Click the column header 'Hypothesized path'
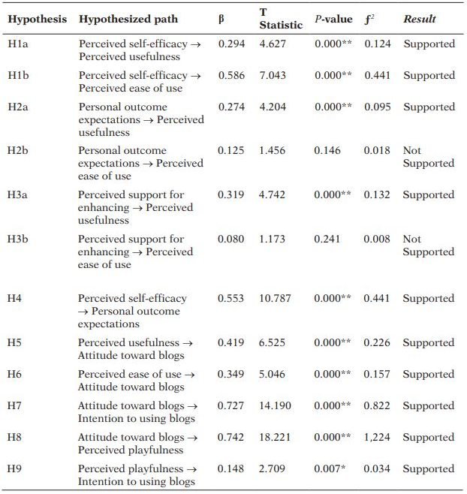128,19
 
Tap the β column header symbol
221,19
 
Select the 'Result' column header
419,19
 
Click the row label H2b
20,151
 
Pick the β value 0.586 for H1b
231,76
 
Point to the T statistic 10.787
277,299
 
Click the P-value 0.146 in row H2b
328,151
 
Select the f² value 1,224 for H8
378,438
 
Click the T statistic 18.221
277,438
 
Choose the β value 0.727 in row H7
231,406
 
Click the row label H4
15,299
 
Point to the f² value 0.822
378,406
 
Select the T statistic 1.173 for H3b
274,239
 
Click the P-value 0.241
328,239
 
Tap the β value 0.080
231,239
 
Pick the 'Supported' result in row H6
429,375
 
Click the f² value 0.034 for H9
378,469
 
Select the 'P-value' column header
333,19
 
